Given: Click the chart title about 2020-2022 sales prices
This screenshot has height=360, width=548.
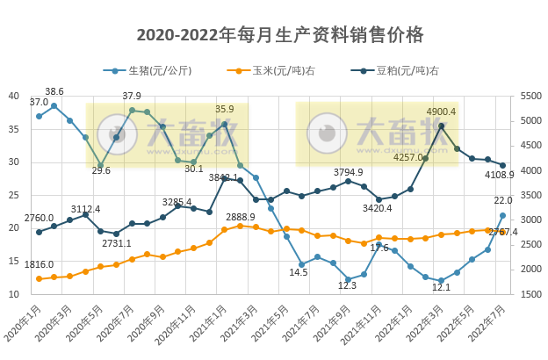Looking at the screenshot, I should click(x=280, y=35).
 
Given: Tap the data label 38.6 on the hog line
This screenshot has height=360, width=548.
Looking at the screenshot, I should click(x=54, y=91).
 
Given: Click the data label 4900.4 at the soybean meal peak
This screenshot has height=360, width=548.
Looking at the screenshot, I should click(x=441, y=112).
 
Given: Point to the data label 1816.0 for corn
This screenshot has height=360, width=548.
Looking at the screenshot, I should click(x=39, y=263).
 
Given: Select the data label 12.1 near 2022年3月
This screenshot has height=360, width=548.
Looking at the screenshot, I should click(x=441, y=287).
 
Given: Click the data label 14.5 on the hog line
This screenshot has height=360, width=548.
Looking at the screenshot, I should click(x=299, y=272).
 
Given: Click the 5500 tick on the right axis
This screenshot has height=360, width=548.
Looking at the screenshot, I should click(x=532, y=97).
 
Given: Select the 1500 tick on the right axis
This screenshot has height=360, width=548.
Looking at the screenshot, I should click(x=532, y=295).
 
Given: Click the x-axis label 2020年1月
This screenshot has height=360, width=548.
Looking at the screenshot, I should click(x=25, y=326).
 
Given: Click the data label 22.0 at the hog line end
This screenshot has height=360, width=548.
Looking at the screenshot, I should click(x=502, y=201).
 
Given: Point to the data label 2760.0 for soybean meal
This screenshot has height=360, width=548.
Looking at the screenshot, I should click(x=39, y=218).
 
